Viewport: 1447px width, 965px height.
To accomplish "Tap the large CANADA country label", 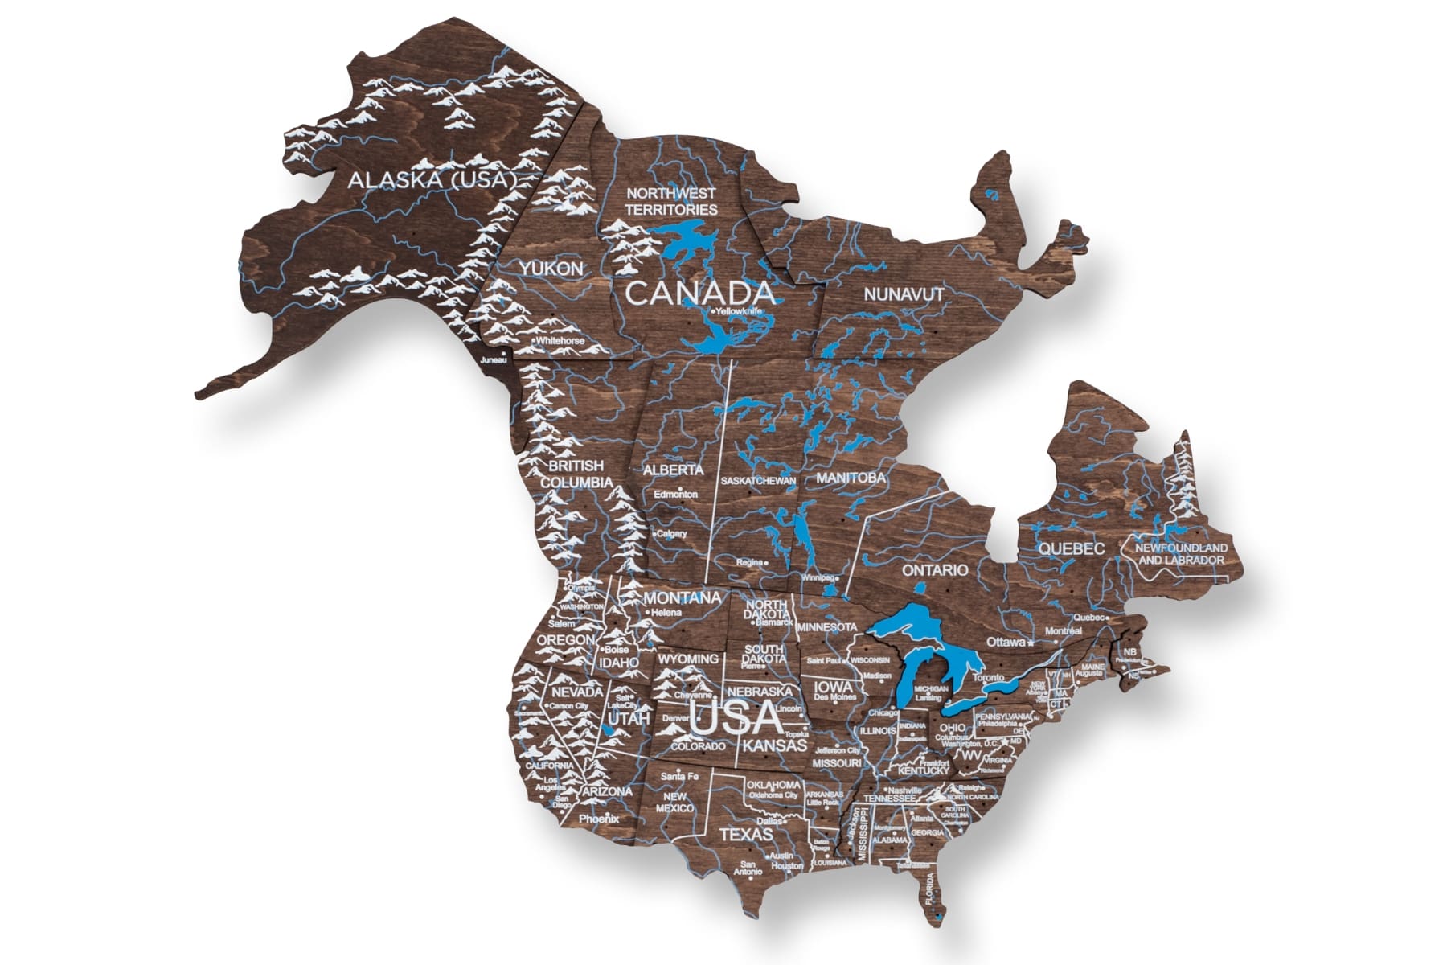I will tap(699, 294).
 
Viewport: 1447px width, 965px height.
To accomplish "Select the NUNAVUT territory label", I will tap(904, 294).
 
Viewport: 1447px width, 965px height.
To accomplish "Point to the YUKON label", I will tap(551, 269).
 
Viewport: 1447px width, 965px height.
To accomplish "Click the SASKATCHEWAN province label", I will tap(758, 481).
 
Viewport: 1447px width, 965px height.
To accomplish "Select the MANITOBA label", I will tap(851, 478).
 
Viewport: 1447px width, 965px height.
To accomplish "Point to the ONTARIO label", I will tap(935, 570).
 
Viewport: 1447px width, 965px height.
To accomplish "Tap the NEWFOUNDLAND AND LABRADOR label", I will tap(1182, 554).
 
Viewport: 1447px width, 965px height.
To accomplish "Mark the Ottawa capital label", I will tap(1006, 643).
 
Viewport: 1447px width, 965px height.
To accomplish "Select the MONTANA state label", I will tap(682, 598).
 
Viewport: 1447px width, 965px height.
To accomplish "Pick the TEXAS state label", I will tap(745, 835).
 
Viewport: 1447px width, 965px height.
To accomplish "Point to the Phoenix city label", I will tap(599, 819).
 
